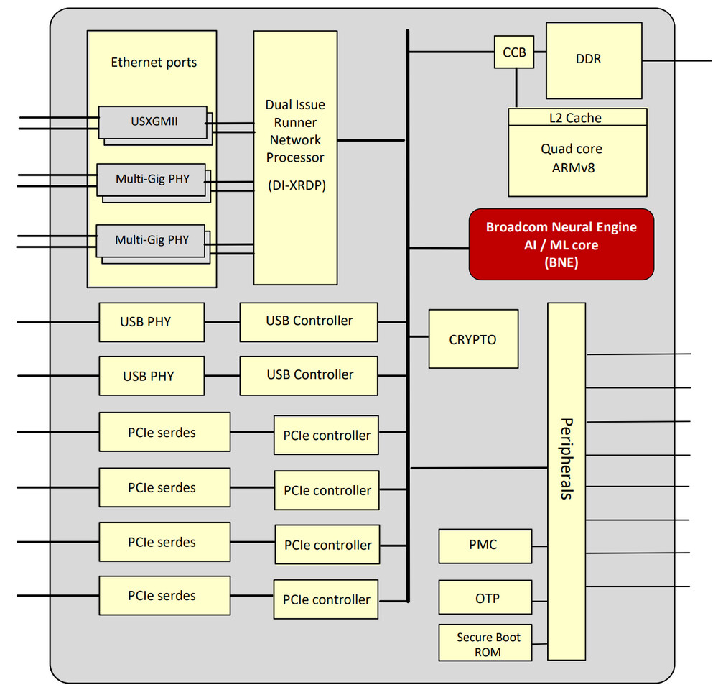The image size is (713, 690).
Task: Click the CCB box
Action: click(514, 52)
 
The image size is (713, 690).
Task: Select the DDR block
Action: click(594, 60)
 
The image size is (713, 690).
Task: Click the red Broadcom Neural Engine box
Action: click(561, 244)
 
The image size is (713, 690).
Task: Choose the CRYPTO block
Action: click(472, 339)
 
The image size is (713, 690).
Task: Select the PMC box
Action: click(485, 546)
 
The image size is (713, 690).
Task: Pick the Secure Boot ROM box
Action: click(485, 643)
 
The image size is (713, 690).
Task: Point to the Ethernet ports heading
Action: click(153, 63)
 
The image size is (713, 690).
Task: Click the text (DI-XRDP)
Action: click(295, 185)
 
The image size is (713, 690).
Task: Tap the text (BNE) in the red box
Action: click(561, 262)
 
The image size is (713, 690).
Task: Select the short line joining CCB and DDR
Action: click(540, 52)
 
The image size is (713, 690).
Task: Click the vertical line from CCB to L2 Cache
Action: click(516, 88)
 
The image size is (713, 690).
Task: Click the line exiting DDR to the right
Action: click(677, 60)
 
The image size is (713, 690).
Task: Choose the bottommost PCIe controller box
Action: click(326, 599)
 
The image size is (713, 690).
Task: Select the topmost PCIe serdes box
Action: click(164, 432)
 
